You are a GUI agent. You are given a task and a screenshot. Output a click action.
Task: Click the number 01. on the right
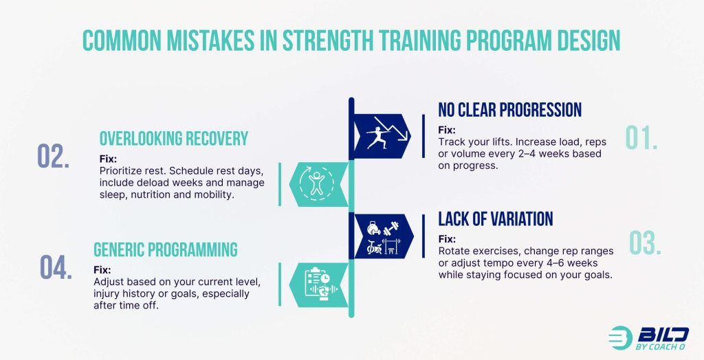(x=641, y=137)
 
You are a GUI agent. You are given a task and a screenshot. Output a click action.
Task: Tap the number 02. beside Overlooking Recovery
(x=54, y=157)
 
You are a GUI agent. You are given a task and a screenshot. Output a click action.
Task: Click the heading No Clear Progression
(x=510, y=110)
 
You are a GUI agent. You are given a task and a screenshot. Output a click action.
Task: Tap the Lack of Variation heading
(x=496, y=219)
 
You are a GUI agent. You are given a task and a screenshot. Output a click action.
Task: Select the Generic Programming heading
(x=166, y=249)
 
